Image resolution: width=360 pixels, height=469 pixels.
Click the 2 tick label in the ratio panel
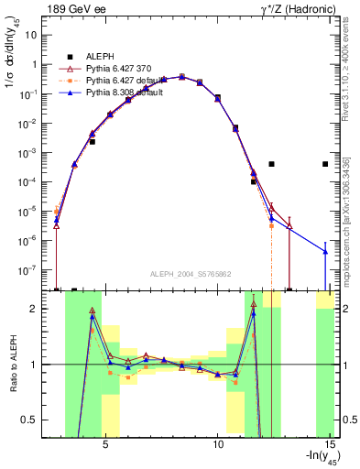click(x=41, y=309)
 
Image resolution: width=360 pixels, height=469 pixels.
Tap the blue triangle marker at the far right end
click(x=325, y=251)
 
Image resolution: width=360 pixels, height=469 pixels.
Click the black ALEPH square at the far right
click(x=325, y=164)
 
